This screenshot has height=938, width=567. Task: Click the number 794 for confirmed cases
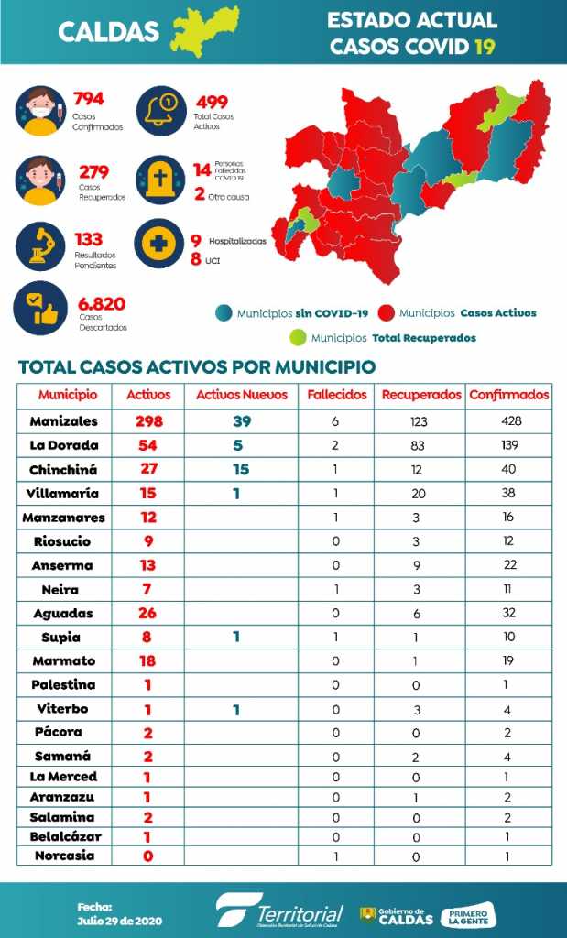point(90,99)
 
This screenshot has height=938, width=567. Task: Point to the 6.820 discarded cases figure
point(102,304)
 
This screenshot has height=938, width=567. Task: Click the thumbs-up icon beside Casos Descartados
point(40,309)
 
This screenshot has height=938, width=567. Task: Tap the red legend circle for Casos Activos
point(386,312)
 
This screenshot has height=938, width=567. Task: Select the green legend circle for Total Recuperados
point(297,337)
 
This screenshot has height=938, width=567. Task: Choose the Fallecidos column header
point(337,395)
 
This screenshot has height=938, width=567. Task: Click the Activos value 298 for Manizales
point(147,421)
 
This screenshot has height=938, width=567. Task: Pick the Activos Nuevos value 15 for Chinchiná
point(235,469)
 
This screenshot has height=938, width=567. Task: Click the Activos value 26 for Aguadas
point(147,613)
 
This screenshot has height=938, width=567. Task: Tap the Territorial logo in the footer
point(280,911)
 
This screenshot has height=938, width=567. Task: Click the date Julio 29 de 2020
point(108,919)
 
